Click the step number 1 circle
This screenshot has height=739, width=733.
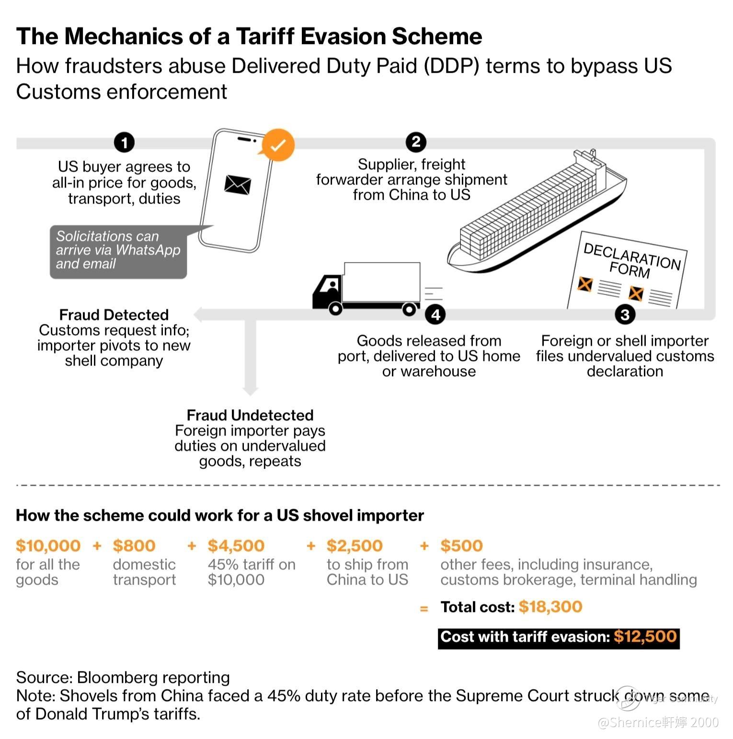coord(124,142)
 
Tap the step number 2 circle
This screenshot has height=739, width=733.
coord(416,142)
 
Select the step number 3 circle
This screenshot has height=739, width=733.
coord(625,315)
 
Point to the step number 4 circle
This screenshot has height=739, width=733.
coord(435,315)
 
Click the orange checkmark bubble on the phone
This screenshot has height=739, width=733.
coord(278,145)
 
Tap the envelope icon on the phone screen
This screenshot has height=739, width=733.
coord(238,185)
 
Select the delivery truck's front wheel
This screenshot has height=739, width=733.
coord(335,309)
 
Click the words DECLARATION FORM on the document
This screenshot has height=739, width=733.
coord(631,261)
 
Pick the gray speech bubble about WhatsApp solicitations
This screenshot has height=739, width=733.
coord(118,251)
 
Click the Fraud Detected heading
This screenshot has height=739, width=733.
coord(114,315)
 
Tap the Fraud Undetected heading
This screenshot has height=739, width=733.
coord(250,415)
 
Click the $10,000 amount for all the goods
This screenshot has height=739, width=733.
coord(48,545)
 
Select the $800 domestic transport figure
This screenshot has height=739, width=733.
coord(134,545)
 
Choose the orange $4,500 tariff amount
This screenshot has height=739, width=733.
coord(236,545)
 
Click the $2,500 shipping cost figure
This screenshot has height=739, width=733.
coord(355,545)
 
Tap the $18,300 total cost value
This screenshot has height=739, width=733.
coord(550,607)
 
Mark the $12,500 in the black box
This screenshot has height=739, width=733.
coord(645,636)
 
